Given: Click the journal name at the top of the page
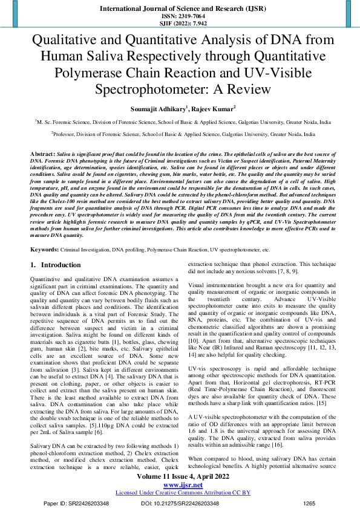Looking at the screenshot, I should tap(180, 8).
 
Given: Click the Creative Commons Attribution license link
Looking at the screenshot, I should tap(180, 492).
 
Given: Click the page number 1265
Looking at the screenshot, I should tap(310, 502).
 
